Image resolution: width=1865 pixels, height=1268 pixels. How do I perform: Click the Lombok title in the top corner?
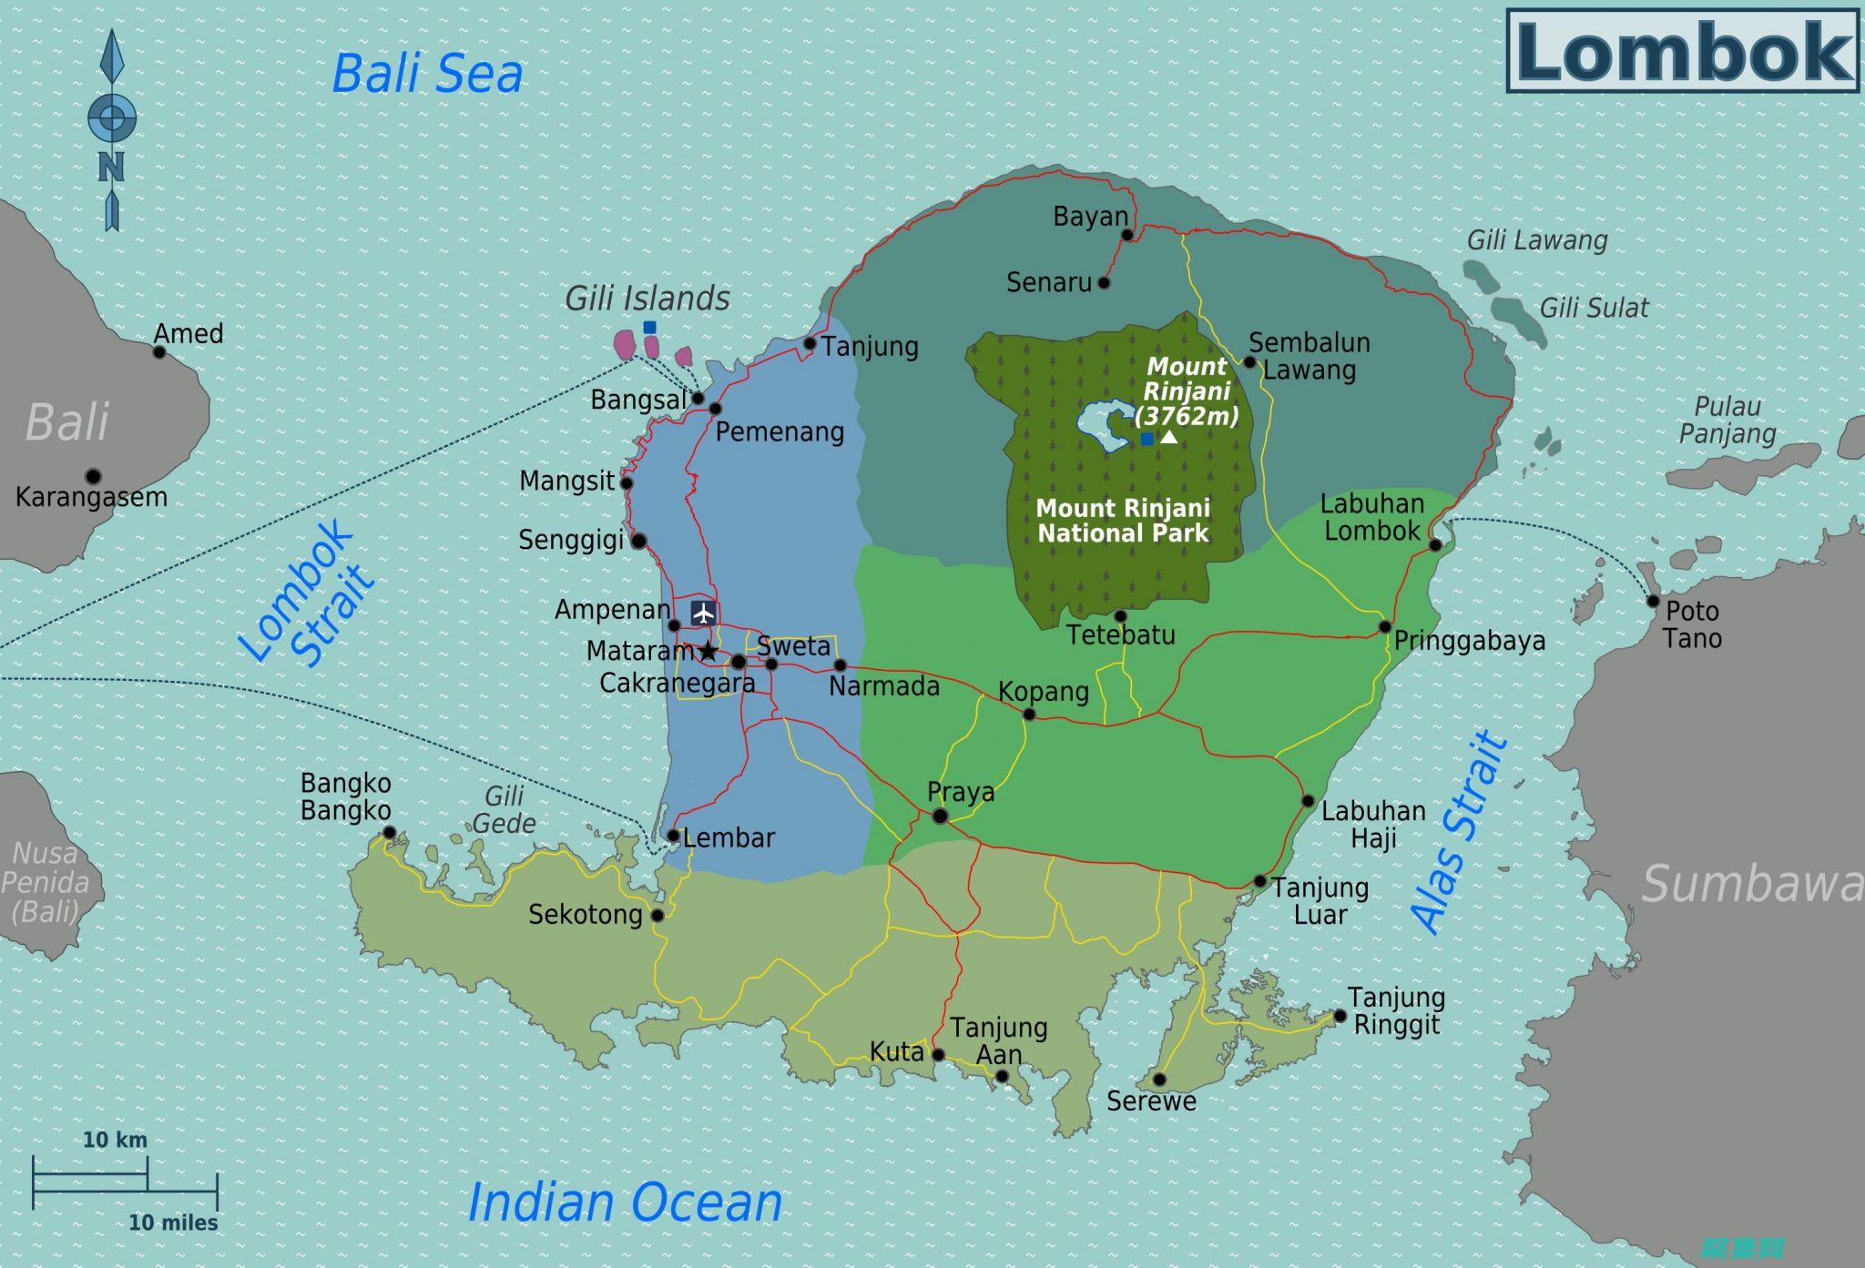[x=1683, y=51]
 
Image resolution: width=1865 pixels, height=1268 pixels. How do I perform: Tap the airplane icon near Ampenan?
[x=703, y=613]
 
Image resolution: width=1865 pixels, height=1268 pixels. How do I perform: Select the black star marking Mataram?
[x=708, y=651]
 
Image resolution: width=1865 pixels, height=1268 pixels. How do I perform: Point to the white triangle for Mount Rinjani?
[x=1168, y=438]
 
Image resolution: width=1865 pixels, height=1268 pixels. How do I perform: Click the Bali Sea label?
[x=427, y=74]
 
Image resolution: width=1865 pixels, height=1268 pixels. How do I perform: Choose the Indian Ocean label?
[x=625, y=1202]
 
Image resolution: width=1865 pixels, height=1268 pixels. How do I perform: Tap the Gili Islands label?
[x=647, y=299]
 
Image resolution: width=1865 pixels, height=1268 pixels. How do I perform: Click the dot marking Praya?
[x=940, y=817]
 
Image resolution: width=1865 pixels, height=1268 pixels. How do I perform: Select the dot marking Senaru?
[x=1104, y=283]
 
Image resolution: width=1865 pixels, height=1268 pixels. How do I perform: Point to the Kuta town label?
[x=896, y=1052]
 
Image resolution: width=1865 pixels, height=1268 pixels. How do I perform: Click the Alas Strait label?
[x=1459, y=832]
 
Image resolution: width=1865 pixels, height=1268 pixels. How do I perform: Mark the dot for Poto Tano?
[x=1653, y=601]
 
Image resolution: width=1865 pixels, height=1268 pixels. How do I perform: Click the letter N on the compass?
[x=111, y=167]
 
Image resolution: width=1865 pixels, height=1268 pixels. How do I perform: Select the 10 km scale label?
[x=115, y=1140]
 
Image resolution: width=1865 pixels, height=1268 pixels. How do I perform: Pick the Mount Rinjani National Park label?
[x=1123, y=521]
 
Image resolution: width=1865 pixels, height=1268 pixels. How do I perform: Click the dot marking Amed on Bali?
[x=159, y=351]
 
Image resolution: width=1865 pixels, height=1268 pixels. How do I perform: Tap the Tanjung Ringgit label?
[x=1396, y=1011]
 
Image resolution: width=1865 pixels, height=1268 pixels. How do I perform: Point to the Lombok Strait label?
[x=306, y=593]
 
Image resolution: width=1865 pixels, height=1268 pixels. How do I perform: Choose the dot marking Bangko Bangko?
[x=389, y=832]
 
